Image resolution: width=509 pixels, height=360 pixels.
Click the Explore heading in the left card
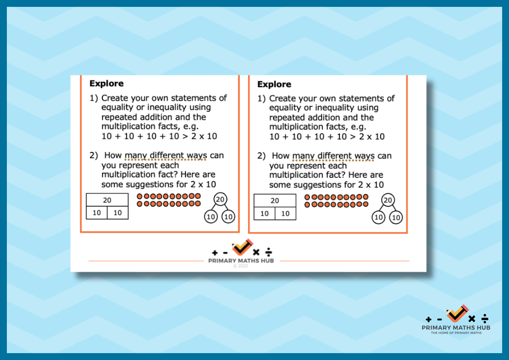106,83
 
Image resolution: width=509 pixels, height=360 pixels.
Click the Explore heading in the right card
274,85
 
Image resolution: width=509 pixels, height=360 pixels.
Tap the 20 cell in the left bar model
107,200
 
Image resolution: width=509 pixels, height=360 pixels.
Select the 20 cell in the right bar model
275,201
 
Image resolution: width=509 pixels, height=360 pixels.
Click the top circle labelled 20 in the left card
220,199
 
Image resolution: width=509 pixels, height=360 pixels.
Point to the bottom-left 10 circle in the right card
378,218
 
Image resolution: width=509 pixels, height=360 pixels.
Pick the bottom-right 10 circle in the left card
228,216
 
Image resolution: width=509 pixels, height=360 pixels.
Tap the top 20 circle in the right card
388,200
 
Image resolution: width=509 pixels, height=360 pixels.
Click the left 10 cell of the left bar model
97,213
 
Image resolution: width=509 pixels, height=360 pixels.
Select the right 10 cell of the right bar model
285,214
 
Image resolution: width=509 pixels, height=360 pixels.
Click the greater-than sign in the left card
185,136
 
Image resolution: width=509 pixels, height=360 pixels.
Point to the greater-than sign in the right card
353,137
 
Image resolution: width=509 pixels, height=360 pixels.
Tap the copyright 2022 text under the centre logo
241,266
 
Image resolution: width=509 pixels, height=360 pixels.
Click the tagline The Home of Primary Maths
456,333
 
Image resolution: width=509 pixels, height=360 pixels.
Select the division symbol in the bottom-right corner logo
485,318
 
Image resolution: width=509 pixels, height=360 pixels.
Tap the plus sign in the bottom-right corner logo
428,320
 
